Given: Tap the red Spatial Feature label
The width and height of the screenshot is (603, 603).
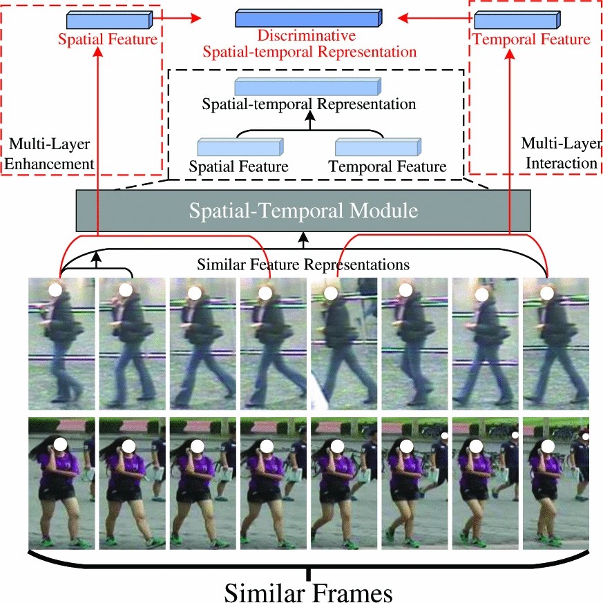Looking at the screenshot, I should pos(107,40).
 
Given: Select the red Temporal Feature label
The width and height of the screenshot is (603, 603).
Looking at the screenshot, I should pos(531,39).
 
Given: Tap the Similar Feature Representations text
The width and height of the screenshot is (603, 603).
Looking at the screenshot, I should pos(304,264).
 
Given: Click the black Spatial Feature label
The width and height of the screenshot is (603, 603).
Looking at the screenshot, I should pos(238,166).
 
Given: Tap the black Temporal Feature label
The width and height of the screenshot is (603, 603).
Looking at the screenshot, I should pos(387,166).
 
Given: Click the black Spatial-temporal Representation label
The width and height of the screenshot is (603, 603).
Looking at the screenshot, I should pos(309,105).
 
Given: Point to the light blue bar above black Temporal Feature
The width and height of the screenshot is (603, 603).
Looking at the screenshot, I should pos(376,147).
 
